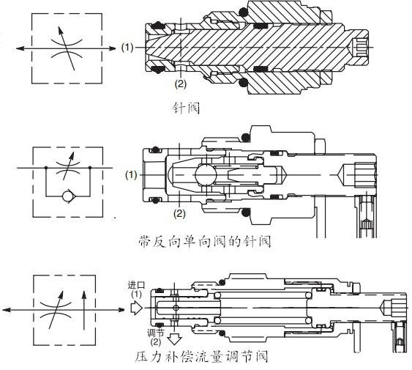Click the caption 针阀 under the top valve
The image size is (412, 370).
click(x=186, y=108)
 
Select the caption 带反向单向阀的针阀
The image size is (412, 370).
click(x=205, y=242)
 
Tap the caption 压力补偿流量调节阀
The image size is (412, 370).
click(x=201, y=356)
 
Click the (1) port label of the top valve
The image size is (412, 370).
click(x=127, y=48)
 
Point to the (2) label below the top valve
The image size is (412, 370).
click(x=181, y=84)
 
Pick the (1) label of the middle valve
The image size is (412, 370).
click(x=131, y=174)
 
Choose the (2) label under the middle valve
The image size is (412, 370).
click(x=179, y=213)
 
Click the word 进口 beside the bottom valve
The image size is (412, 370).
click(x=136, y=285)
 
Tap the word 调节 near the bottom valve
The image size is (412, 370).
click(x=156, y=333)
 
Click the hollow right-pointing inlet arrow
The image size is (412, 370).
click(x=136, y=308)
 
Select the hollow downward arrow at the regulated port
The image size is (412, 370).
click(x=174, y=339)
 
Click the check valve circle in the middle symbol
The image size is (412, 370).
click(x=69, y=196)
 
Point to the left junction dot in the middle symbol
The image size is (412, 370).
click(x=46, y=167)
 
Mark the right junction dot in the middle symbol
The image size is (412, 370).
click(x=90, y=167)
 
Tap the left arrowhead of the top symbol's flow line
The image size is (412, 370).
click(x=20, y=48)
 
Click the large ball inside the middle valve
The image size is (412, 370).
click(x=206, y=174)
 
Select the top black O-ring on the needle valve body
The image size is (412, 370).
click(x=243, y=12)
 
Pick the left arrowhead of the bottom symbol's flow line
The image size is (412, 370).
click(x=7, y=310)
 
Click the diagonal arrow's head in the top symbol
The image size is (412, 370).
click(x=61, y=30)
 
